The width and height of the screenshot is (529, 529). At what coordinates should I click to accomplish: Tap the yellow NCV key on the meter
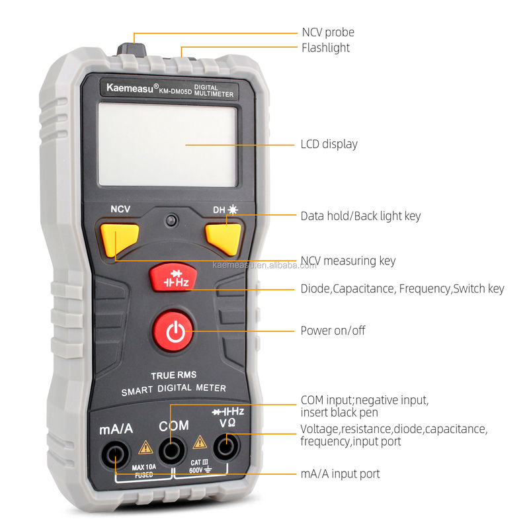pos(119,239)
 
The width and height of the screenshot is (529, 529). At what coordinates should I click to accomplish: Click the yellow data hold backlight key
pos(224,238)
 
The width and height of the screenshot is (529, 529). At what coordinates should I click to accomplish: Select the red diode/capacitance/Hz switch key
pos(173,277)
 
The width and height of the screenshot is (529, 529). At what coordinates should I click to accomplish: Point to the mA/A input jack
pos(115,454)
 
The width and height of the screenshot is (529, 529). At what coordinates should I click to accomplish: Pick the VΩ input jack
pos(226,447)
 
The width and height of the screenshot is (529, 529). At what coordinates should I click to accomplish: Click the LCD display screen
pos(168,145)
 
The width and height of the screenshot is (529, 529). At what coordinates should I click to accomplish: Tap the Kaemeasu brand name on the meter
pos(130,88)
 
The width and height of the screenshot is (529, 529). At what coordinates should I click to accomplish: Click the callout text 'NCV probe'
pos(328,32)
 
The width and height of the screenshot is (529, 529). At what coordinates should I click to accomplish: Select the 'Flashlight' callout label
pos(325,48)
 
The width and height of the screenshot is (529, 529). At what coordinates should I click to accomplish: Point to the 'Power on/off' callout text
pos(333,331)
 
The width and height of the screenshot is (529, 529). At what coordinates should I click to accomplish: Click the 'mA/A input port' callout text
pos(340,474)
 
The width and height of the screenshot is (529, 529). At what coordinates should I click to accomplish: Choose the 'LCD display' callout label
pos(329,144)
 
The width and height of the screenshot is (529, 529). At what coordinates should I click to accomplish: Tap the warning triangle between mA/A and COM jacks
pos(145,448)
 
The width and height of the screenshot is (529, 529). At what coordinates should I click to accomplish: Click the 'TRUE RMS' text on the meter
pos(173,375)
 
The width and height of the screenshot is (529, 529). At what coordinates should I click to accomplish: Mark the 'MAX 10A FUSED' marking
pos(144,471)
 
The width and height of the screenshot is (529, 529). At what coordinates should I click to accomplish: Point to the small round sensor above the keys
pos(171,221)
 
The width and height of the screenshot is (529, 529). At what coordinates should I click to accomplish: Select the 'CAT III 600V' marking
pos(200,466)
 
